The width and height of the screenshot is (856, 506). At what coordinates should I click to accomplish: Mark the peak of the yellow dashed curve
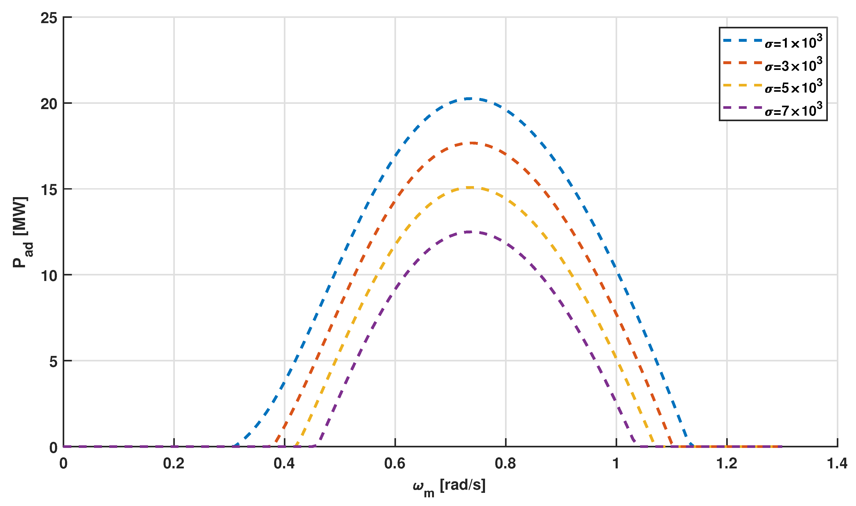pos(471,187)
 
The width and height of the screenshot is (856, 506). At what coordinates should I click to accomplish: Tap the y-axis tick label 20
pos(49,104)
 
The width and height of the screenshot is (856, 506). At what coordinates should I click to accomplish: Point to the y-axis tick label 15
pos(49,190)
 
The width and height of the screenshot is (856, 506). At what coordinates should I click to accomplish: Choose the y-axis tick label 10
pos(49,275)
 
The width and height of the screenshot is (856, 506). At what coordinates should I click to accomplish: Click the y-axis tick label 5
pos(53,361)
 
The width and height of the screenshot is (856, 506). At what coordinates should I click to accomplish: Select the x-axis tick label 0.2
pos(174,464)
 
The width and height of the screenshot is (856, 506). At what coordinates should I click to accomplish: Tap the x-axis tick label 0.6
pos(395,464)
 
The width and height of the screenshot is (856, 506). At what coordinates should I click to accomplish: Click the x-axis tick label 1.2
pos(727,464)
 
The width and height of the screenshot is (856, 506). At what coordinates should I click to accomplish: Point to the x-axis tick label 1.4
pos(837,464)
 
